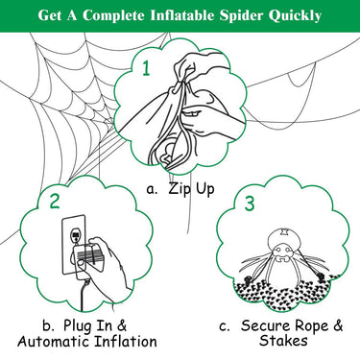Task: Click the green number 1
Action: click(x=146, y=68)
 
